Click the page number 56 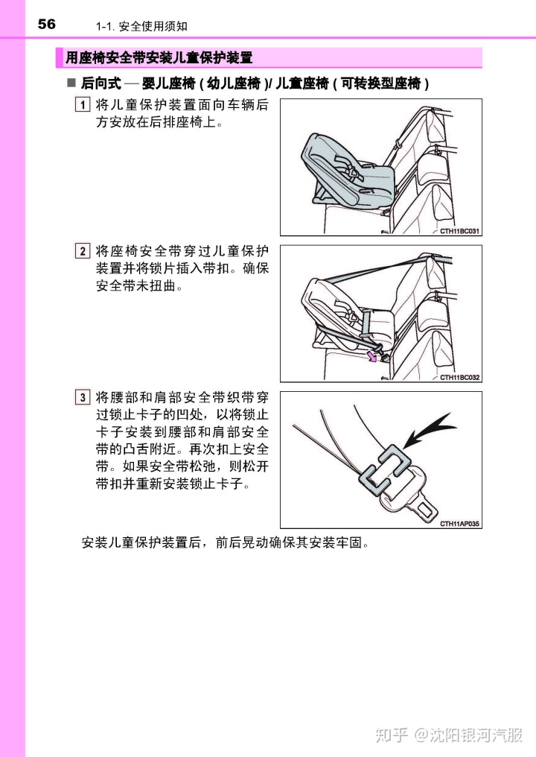46,24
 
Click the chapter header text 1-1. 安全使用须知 141,27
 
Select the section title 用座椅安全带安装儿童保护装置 159,58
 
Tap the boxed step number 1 83,105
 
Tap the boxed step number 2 83,251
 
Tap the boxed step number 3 83,397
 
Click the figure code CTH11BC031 459,231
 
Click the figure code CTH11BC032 459,377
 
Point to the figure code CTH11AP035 459,523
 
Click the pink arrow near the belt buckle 371,357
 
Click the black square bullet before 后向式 71,83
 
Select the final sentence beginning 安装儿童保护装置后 226,542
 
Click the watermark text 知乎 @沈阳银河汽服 449,735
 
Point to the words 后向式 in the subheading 100,83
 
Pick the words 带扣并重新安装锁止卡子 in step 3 169,484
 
